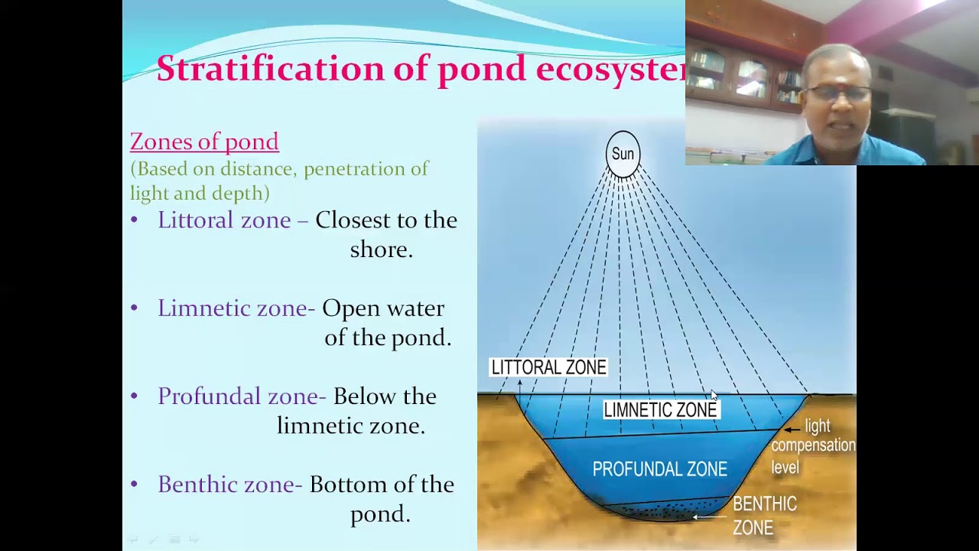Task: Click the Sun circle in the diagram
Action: (x=623, y=154)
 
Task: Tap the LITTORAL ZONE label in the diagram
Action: (x=548, y=367)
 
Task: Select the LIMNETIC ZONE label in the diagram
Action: (x=660, y=410)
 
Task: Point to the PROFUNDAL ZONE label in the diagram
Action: (x=659, y=469)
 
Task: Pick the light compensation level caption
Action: (x=813, y=446)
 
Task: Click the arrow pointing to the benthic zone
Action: (x=708, y=517)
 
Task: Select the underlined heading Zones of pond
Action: (x=204, y=142)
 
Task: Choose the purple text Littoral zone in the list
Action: (x=224, y=220)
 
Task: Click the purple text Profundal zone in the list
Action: (x=239, y=396)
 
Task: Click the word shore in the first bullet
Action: (x=381, y=250)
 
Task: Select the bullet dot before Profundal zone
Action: (x=135, y=396)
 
